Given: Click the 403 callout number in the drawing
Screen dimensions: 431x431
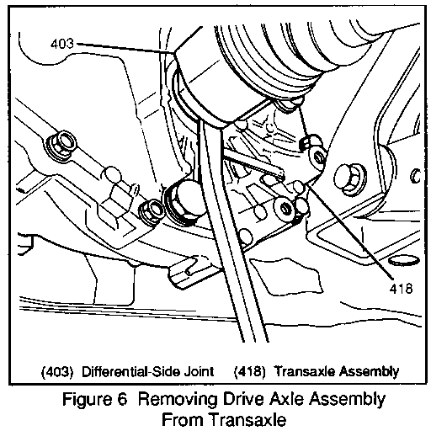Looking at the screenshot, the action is tap(62, 44).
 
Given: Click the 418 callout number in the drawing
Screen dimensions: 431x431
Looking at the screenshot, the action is tap(401, 288).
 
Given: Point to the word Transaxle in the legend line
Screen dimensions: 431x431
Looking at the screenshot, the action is tap(305, 371).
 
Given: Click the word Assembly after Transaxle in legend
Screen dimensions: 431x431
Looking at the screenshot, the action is tap(369, 372).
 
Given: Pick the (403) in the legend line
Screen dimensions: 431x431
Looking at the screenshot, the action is tap(57, 372).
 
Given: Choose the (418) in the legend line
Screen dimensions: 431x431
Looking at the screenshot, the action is tap(249, 372).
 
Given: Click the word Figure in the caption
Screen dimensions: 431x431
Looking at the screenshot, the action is tap(87, 399).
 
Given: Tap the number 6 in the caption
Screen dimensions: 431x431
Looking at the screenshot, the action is tap(123, 399).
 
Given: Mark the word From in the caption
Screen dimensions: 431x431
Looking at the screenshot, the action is tap(183, 420).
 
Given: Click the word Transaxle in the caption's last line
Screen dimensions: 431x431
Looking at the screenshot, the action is tap(248, 420).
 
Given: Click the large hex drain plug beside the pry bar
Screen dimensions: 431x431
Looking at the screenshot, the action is tap(184, 199).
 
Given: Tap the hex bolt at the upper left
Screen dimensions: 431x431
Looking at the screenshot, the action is tap(61, 144).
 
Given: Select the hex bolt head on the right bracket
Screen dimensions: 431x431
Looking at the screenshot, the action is tap(349, 178).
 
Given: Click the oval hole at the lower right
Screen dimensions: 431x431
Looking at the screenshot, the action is tap(403, 261).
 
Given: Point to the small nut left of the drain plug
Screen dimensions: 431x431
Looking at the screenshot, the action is tap(152, 211).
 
